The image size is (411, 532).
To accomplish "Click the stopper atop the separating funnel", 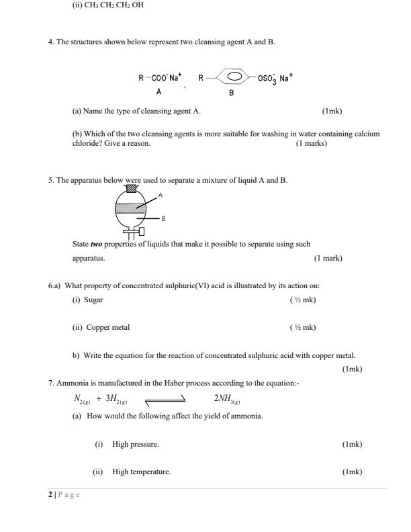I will click(x=132, y=188).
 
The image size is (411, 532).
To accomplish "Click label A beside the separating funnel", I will click(x=160, y=194).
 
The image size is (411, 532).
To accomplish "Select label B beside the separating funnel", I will click(x=164, y=218).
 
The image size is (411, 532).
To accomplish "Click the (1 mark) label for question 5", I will click(x=328, y=257).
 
